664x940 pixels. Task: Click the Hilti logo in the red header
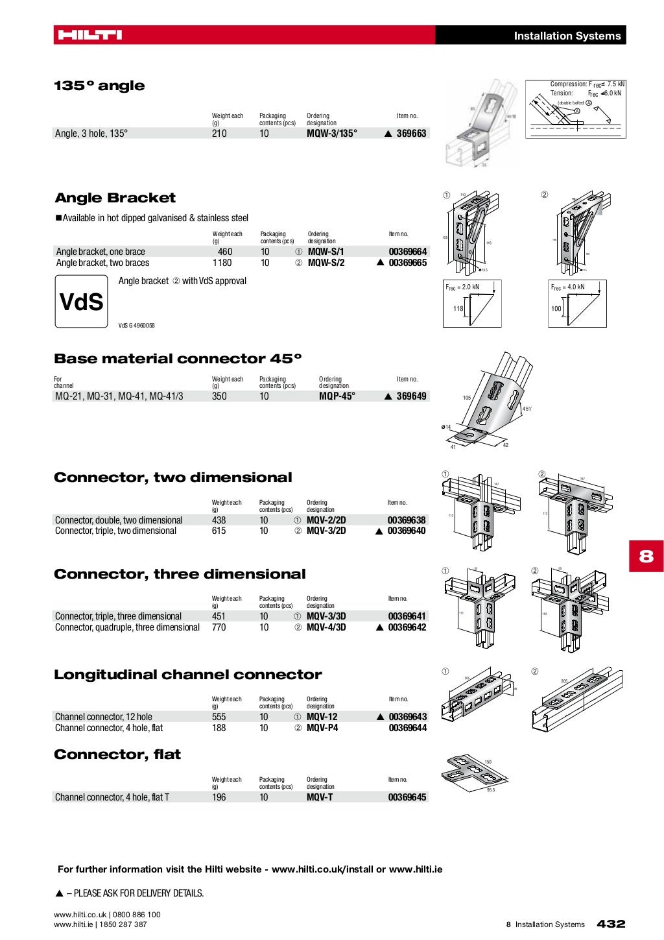[89, 35]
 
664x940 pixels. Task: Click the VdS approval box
[81, 302]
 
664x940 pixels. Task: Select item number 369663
[411, 134]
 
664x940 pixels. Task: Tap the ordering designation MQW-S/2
[326, 263]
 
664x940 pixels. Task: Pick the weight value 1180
[222, 263]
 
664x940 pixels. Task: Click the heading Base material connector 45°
[178, 359]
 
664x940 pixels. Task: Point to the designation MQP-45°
[337, 396]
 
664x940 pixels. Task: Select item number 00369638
[407, 520]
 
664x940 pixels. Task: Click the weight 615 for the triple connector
[219, 531]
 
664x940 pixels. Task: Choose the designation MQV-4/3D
[326, 627]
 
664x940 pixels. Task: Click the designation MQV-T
[320, 797]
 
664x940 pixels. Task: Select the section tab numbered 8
[646, 556]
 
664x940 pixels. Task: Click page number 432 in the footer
[610, 924]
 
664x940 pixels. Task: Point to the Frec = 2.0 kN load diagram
[472, 304]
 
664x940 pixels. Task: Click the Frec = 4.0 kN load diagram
[577, 304]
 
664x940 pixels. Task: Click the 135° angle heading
[99, 86]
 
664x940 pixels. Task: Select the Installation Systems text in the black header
[567, 36]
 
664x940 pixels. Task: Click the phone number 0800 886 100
[136, 915]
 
